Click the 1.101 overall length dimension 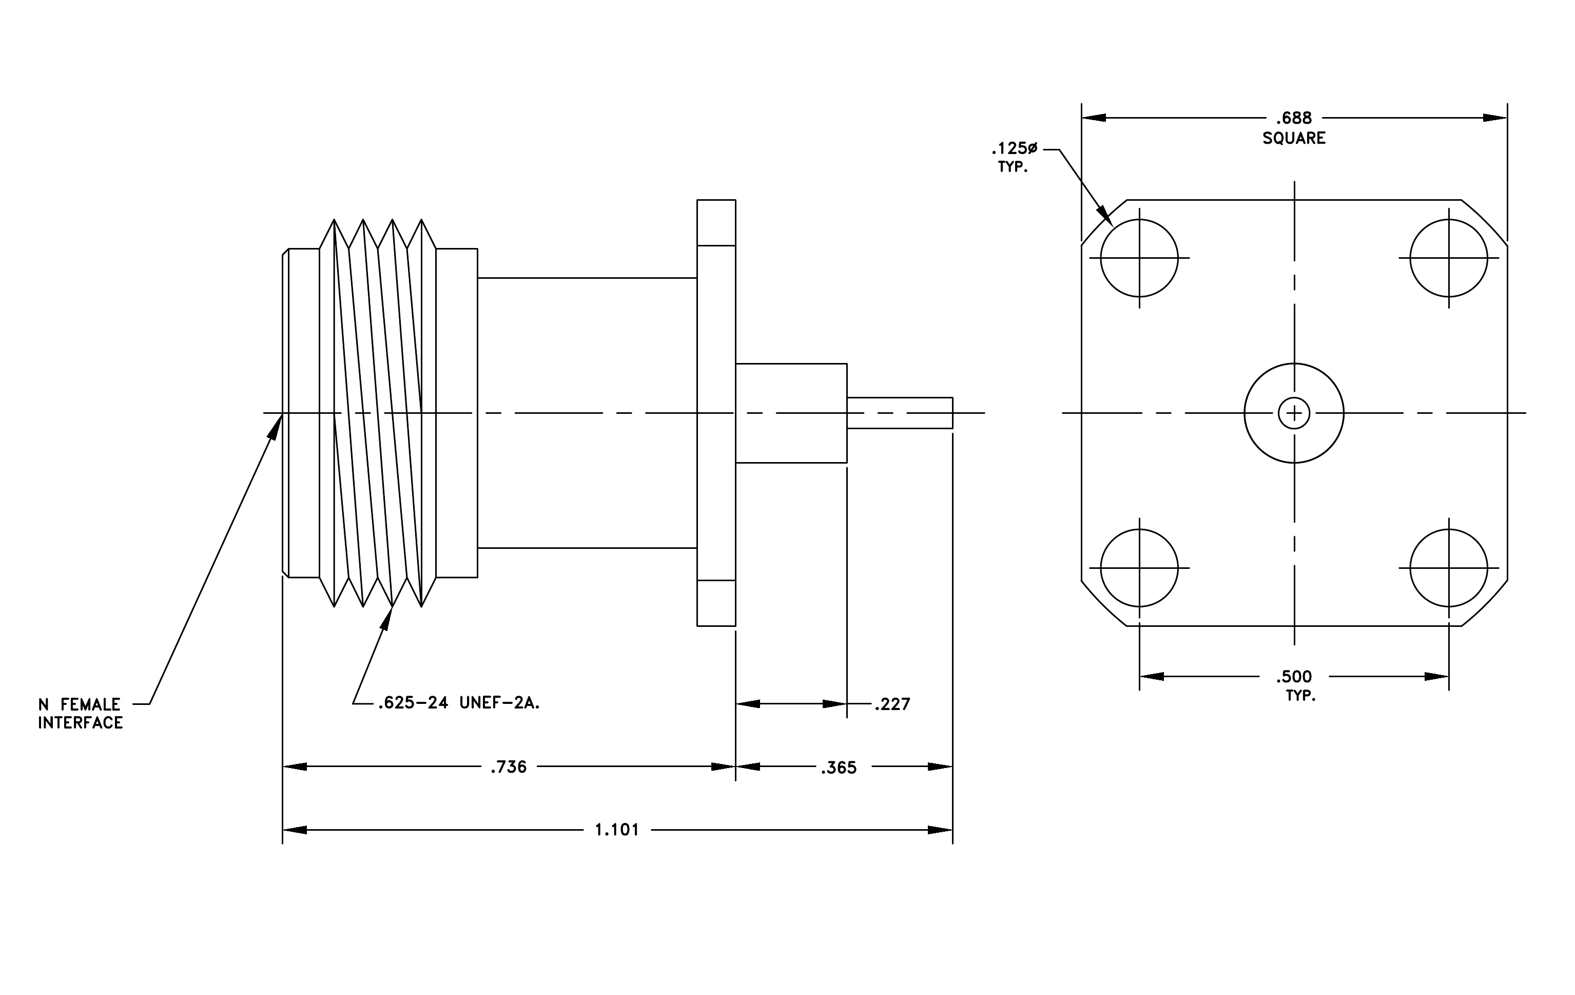point(616,830)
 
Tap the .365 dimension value point(839,768)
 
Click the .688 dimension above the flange point(1294,119)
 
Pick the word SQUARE point(1294,138)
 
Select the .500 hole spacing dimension point(1294,676)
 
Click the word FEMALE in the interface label point(90,704)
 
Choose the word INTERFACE point(81,723)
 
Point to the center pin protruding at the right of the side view point(900,413)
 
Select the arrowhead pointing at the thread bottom point(386,618)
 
